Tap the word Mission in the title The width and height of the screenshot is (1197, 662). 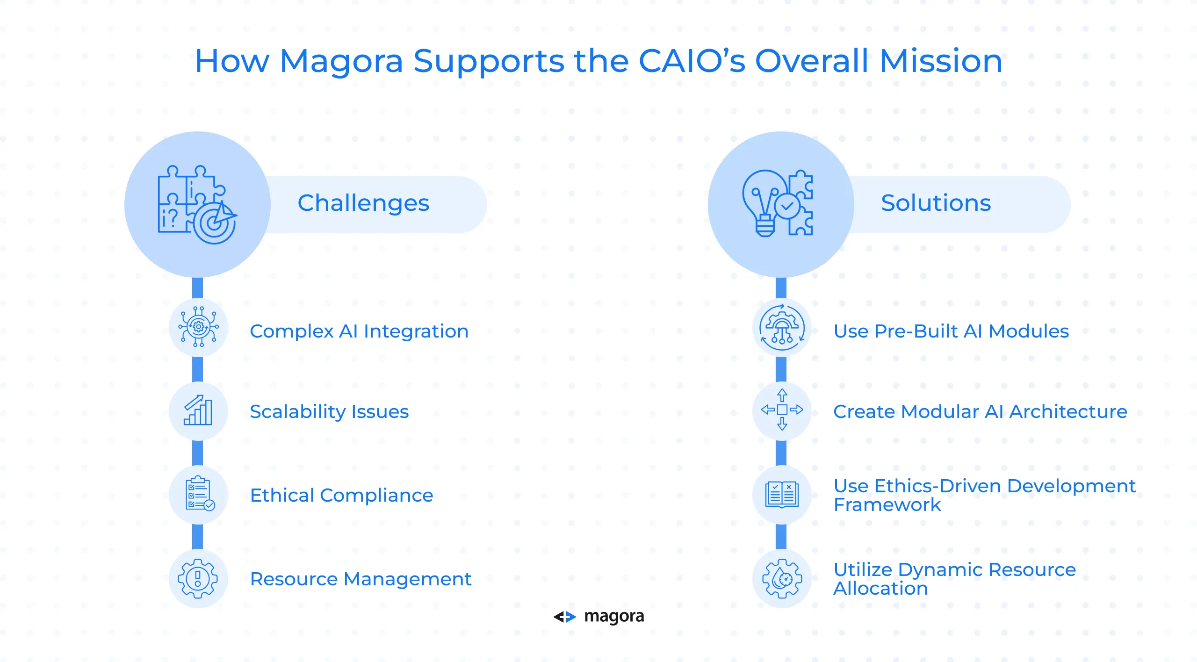click(x=941, y=61)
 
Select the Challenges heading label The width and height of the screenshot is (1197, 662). click(x=363, y=203)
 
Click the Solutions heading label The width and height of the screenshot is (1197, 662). click(x=936, y=203)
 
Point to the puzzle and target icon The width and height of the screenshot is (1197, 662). click(x=197, y=204)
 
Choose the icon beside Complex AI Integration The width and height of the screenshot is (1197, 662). click(x=198, y=327)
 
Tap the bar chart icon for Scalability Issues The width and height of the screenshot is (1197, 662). click(x=198, y=410)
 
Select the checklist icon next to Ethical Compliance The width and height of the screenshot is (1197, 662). click(x=200, y=493)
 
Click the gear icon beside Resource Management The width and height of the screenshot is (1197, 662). click(x=198, y=578)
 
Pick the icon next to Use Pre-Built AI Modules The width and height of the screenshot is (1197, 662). click(x=782, y=327)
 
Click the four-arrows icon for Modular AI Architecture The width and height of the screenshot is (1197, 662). click(x=782, y=410)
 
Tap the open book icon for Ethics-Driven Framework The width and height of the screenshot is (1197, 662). click(x=782, y=494)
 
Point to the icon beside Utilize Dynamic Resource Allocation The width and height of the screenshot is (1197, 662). click(x=782, y=579)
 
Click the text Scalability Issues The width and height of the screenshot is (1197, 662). click(x=329, y=412)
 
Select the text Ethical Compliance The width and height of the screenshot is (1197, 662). click(x=342, y=496)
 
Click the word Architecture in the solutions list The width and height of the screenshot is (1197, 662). click(x=1068, y=411)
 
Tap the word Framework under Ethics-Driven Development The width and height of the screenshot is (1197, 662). click(x=887, y=505)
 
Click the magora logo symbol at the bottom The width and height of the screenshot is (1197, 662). click(x=565, y=617)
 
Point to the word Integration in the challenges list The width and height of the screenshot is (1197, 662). click(x=416, y=331)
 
